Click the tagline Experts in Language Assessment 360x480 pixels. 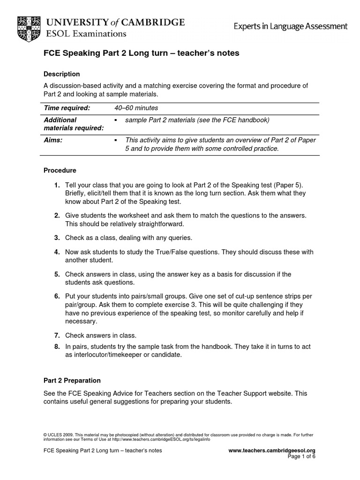coord(291,26)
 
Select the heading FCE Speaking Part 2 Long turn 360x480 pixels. coord(141,53)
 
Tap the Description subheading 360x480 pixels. coord(61,74)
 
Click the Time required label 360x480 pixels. coord(67,108)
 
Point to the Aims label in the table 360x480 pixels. coord(52,140)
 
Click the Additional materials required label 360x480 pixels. coord(73,124)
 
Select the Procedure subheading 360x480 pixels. coord(60,170)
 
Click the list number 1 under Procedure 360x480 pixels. coord(56,185)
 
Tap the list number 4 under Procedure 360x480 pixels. coord(56,252)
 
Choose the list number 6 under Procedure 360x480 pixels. coord(56,296)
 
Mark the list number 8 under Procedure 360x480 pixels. coord(56,346)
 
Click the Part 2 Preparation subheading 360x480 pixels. coord(72,381)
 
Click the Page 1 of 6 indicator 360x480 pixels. coord(302,456)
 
